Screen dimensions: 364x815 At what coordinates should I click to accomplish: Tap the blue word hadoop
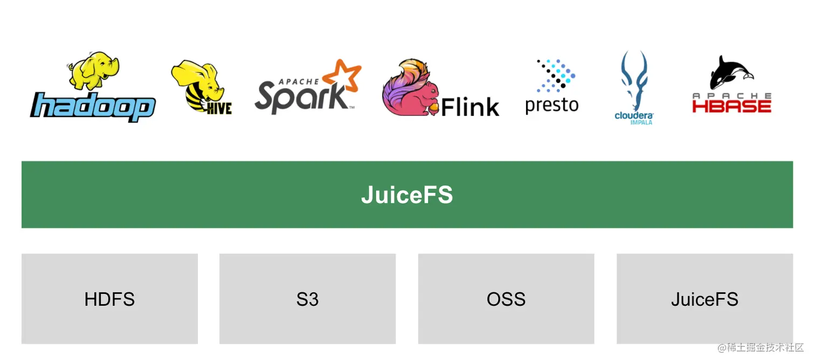coord(93,106)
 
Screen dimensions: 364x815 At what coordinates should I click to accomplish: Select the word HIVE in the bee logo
coord(219,107)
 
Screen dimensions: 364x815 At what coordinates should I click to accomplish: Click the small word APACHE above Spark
coord(298,81)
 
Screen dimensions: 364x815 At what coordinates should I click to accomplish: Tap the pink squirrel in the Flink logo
coord(410,89)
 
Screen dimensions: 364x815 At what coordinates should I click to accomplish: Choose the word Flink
coord(470,107)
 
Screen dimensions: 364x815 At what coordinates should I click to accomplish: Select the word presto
coord(551,104)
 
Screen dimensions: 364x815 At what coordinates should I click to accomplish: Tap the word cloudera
coord(634,115)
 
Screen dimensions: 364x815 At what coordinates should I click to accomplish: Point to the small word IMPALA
coord(641,122)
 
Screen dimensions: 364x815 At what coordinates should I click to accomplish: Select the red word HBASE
coord(731,106)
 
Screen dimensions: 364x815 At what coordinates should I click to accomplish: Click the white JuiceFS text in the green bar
coord(407,195)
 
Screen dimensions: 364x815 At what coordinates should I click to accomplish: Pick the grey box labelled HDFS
coord(109,299)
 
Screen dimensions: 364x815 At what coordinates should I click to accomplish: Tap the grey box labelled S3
coord(307,299)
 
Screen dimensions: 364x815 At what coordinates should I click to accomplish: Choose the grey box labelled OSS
coord(506,299)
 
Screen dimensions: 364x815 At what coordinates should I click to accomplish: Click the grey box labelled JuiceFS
coord(704,299)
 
